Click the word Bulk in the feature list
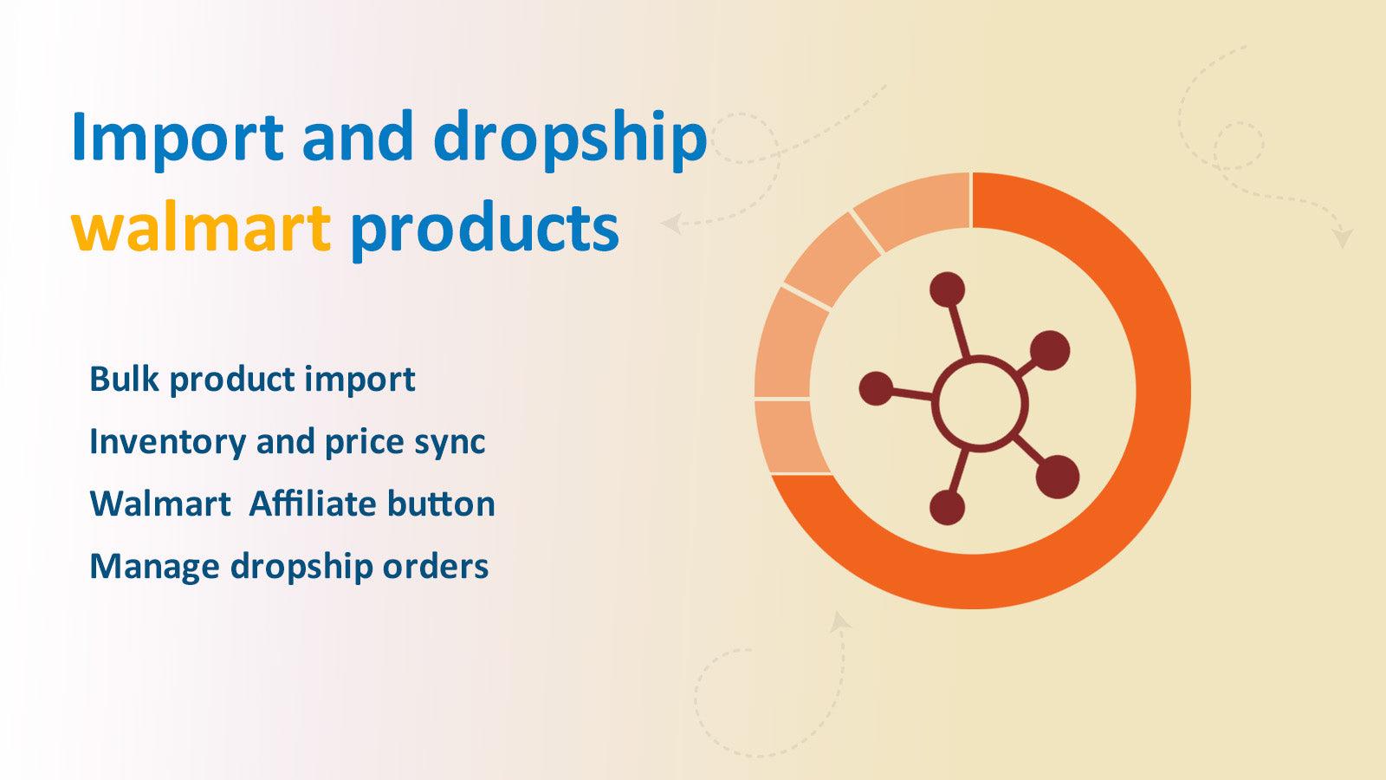124,379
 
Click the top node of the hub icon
947,289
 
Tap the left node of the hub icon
876,388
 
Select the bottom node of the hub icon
947,508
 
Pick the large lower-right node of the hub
1057,477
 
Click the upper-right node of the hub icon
1051,349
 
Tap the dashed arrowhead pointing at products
670,224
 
